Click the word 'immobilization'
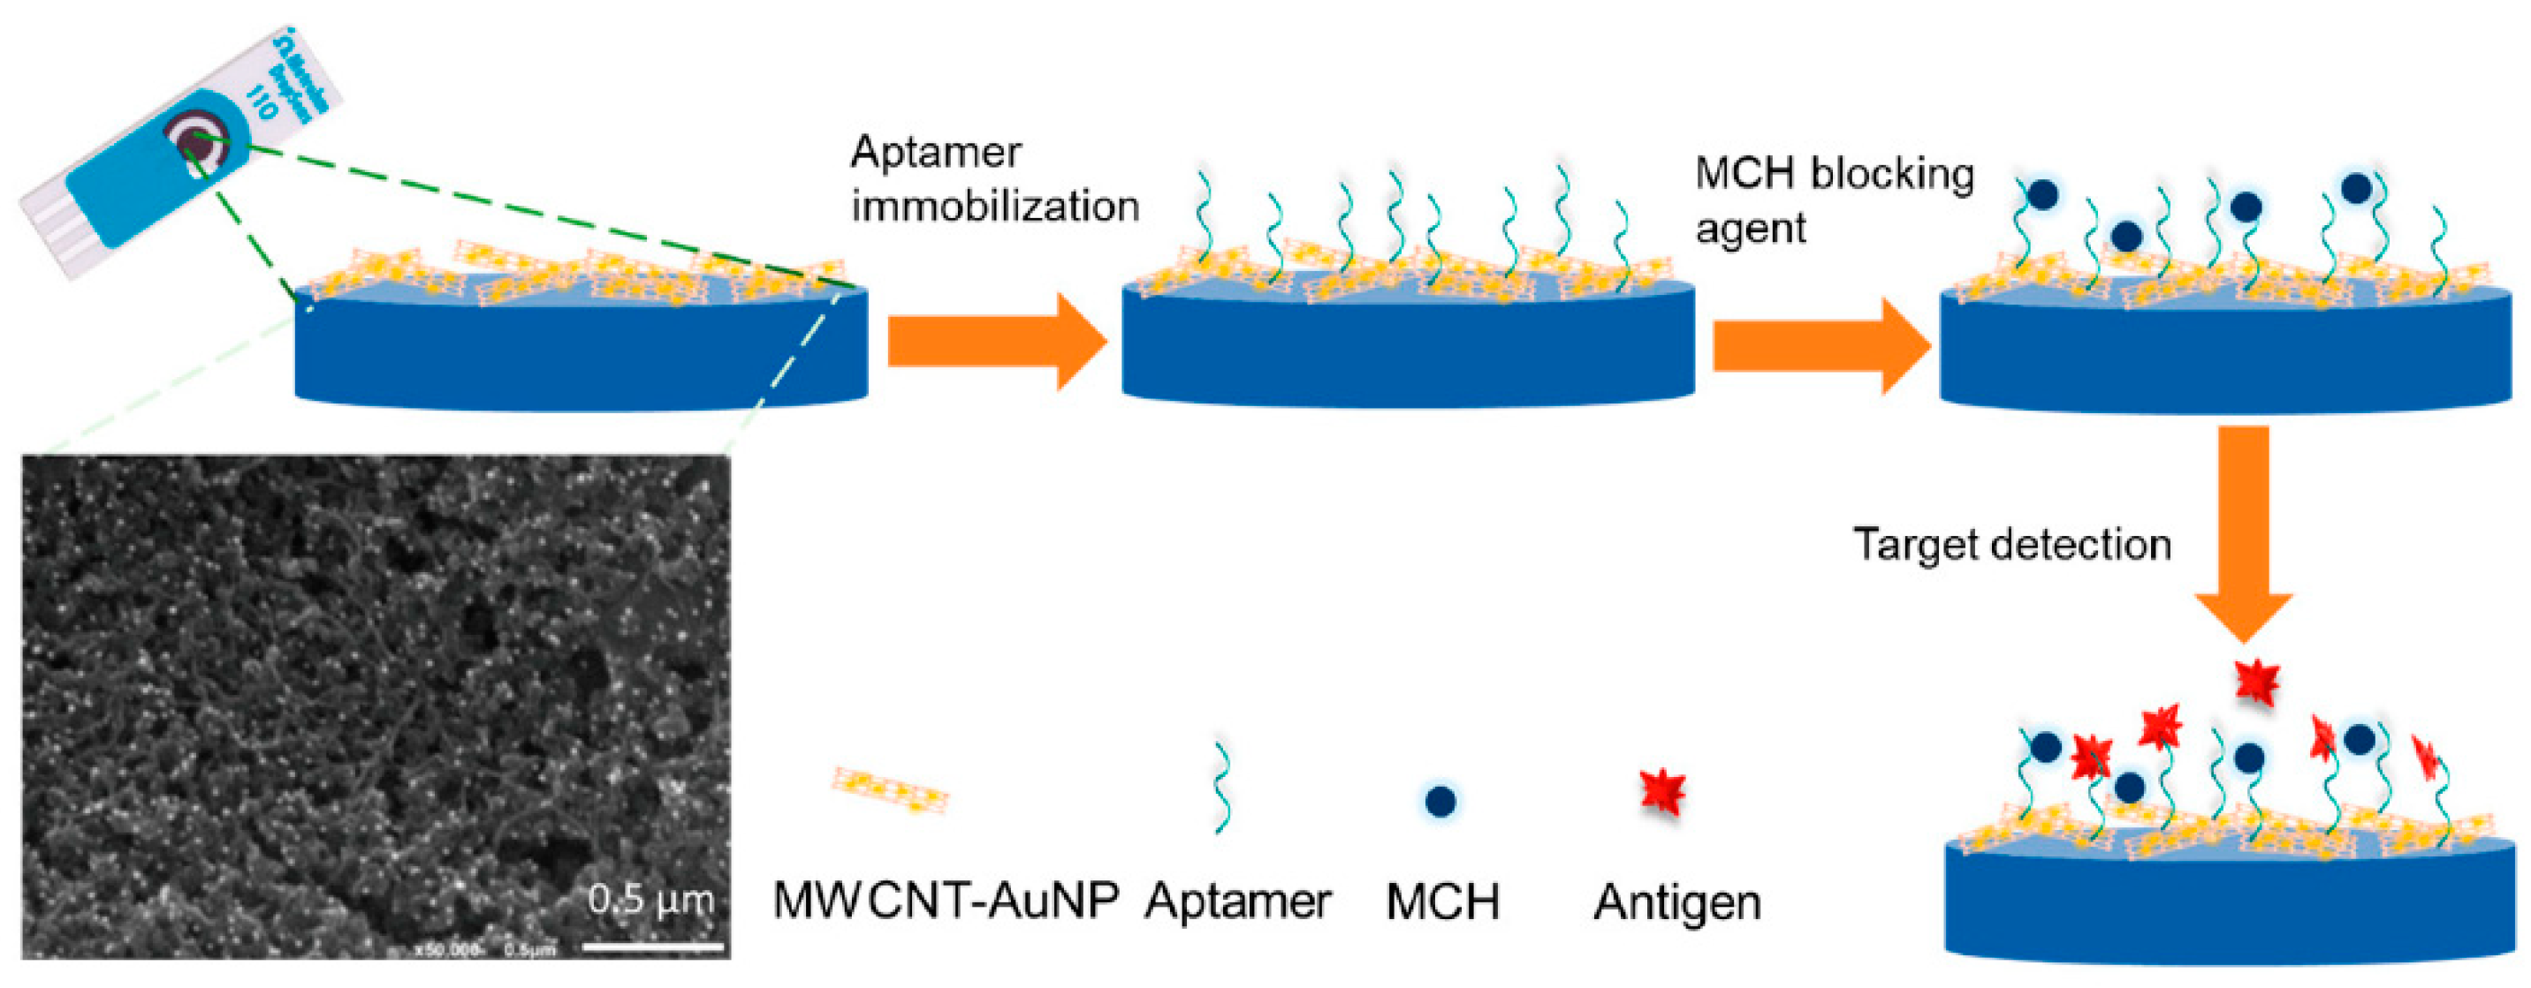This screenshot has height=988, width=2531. [994, 207]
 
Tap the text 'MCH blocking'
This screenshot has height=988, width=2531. [1834, 175]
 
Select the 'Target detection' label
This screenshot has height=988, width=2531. [2011, 544]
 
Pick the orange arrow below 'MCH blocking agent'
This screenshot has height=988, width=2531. [1820, 347]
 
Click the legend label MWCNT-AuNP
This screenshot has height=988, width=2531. [946, 900]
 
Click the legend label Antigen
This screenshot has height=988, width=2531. [1676, 901]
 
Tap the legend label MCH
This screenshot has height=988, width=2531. [1442, 901]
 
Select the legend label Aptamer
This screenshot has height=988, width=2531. [1237, 900]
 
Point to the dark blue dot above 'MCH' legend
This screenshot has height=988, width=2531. [1440, 802]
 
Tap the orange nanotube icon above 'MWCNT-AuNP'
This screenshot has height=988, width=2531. [890, 789]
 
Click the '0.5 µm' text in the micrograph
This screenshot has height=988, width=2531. [650, 899]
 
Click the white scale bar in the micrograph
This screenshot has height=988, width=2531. [653, 947]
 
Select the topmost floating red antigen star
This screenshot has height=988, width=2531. [2257, 680]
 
